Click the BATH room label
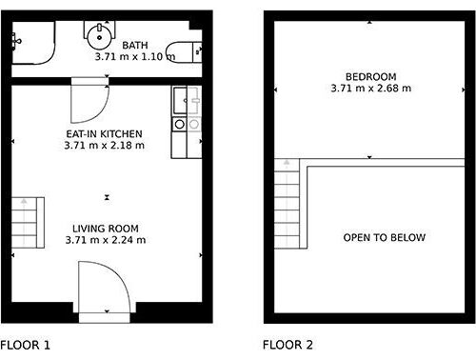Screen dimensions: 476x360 point(135,46)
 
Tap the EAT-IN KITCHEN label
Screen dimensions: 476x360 point(104,133)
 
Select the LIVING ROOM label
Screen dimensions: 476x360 point(106,229)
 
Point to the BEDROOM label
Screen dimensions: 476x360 point(370,77)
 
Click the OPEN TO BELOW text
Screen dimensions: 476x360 point(385,237)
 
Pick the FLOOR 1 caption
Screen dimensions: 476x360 point(25,345)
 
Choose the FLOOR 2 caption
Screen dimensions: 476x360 point(288,345)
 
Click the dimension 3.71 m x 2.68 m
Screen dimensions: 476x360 point(371,88)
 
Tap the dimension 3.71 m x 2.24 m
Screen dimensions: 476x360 point(106,240)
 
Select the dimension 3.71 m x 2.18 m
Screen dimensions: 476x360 point(104,146)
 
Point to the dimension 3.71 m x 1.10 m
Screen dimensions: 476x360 point(135,57)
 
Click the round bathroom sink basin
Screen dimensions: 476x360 point(100,36)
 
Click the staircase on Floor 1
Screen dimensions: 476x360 point(28,223)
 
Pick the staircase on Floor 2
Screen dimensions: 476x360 point(287,204)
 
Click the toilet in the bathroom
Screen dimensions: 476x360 point(185,51)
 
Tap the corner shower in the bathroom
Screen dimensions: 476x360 point(33,43)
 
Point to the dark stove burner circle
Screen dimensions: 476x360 point(180,124)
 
